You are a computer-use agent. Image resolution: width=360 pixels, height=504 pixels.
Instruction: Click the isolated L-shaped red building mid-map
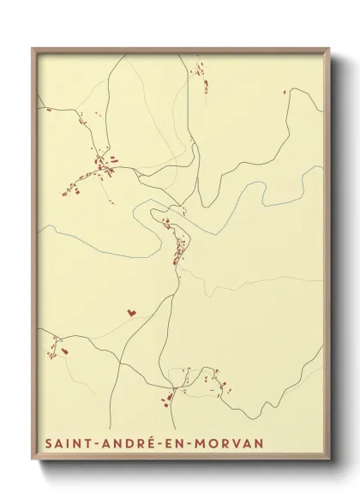[x=130, y=314]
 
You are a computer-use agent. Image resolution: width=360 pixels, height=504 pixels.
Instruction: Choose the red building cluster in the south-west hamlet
[x=58, y=347]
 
